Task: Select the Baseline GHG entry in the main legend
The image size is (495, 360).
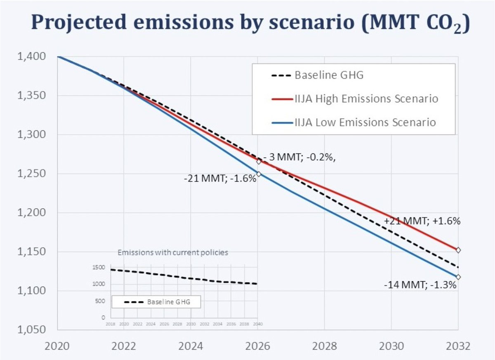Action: coord(318,76)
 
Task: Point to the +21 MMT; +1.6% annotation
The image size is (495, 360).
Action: coord(422,221)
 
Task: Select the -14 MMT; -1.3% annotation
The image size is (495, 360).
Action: coord(420,285)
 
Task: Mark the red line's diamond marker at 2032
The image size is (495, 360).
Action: coord(458,250)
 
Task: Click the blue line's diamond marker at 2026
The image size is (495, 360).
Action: coord(259,174)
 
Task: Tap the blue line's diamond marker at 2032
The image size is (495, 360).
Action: coord(458,277)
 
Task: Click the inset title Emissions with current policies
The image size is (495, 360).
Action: coord(173,253)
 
